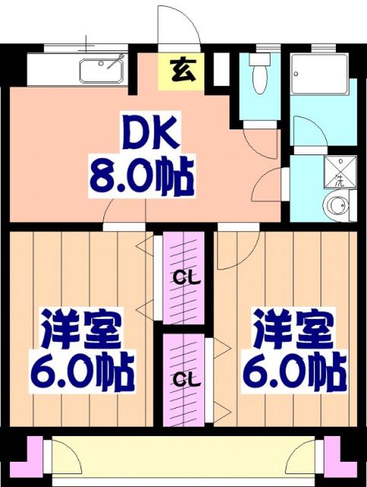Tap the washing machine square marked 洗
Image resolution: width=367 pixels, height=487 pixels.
[x=340, y=170]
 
